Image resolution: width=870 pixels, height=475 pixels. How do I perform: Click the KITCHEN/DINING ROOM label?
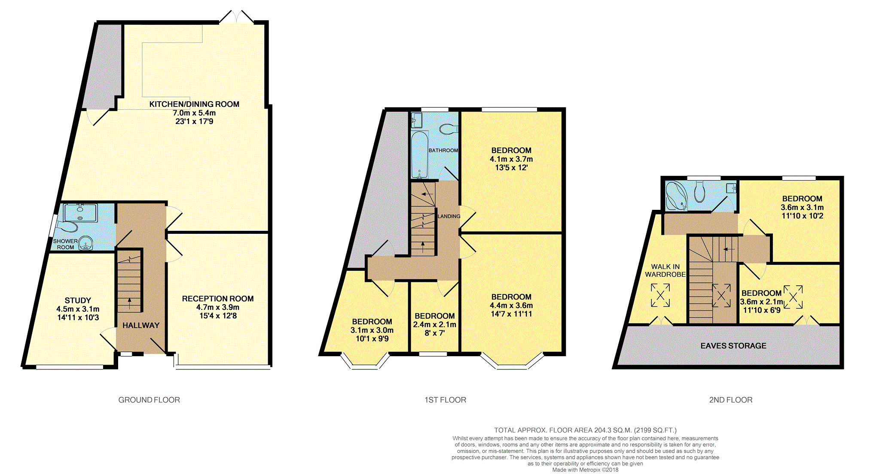pos(194,104)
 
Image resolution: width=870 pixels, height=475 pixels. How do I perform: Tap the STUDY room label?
pos(78,300)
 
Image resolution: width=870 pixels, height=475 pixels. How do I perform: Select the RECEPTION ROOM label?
pos(218,299)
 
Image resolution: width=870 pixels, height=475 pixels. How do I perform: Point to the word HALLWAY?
pos(141,325)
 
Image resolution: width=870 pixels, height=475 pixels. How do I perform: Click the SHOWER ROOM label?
pos(65,244)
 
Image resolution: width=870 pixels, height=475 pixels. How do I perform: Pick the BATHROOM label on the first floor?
pos(443,150)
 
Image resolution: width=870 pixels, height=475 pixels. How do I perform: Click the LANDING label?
pos(449,216)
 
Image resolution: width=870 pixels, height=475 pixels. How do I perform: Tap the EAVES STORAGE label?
pos(733,346)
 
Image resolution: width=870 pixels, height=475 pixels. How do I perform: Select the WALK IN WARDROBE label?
pos(665,271)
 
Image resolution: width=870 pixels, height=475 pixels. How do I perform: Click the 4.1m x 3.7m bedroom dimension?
pos(511,159)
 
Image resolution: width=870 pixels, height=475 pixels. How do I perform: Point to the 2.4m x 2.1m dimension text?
pos(435,325)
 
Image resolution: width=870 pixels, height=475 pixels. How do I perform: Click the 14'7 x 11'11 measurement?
pos(511,314)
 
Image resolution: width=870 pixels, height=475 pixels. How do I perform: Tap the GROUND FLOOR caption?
pos(149,400)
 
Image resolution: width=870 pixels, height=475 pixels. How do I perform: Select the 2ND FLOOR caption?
pos(731,400)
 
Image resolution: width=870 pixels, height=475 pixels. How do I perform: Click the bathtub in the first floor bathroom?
pos(419,154)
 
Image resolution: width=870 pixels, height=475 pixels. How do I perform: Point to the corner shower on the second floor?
pos(676,196)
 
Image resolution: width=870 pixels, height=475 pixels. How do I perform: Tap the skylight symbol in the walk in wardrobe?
pos(660,295)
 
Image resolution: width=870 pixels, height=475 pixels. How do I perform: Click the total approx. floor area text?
pos(585,430)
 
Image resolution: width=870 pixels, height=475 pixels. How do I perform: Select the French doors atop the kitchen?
pos(236,16)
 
